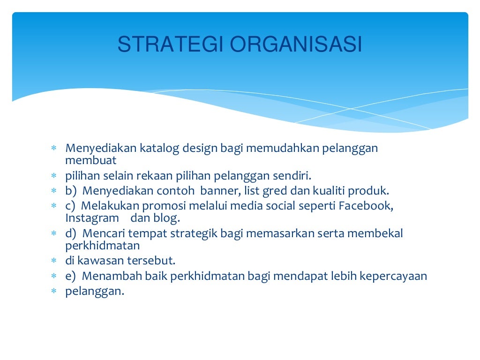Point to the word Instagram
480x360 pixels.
click(92, 218)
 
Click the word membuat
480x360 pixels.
click(91, 161)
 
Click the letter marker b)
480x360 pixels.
click(70, 191)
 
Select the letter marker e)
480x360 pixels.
click(70, 276)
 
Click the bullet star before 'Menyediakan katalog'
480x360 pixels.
click(54, 149)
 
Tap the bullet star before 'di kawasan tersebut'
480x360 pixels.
click(54, 261)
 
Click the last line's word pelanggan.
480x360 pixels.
click(94, 291)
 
